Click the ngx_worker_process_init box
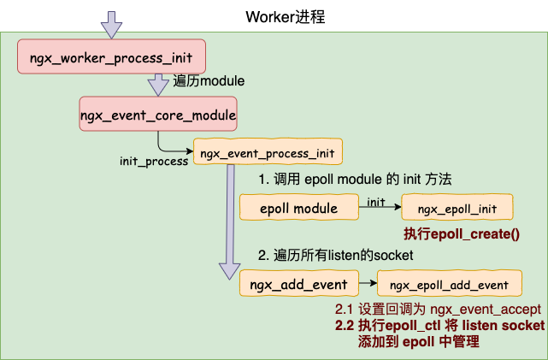click(111, 56)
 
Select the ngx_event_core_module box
click(158, 114)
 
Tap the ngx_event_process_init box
click(268, 151)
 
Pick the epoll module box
click(299, 207)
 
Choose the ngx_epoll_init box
click(457, 207)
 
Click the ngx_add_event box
click(299, 283)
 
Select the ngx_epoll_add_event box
click(450, 283)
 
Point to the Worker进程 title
click(286, 17)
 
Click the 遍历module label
click(209, 81)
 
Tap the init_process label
click(154, 161)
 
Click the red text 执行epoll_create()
click(462, 233)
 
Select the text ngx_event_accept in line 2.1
click(486, 310)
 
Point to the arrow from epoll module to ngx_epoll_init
click(380, 207)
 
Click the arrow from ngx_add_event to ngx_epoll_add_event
click(368, 283)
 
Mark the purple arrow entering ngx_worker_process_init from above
click(111, 25)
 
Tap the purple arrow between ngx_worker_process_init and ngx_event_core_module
click(158, 85)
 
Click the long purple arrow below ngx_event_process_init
click(230, 222)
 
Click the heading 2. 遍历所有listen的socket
click(335, 255)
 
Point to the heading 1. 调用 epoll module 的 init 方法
click(355, 180)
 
